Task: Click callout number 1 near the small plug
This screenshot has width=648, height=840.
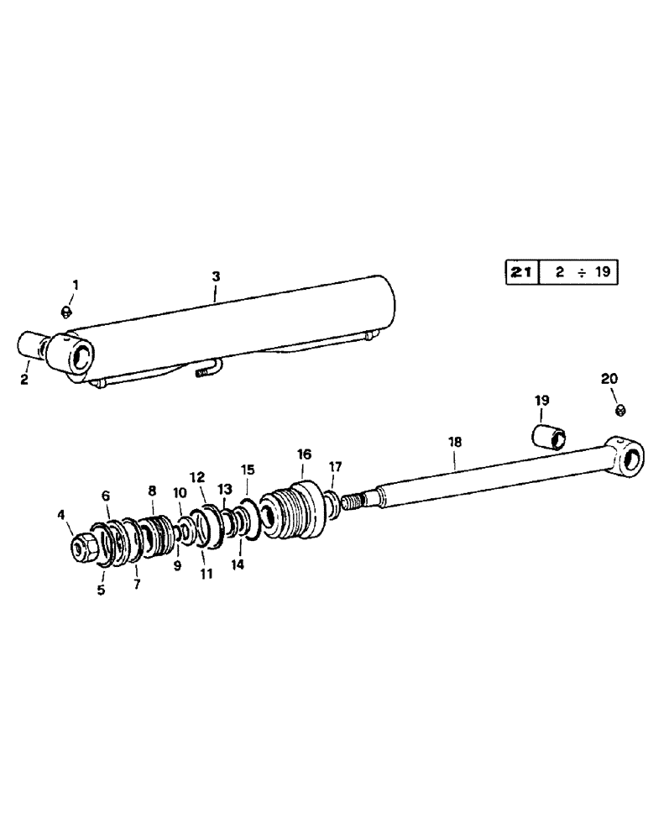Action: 75,286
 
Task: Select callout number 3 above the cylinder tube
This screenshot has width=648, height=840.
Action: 216,275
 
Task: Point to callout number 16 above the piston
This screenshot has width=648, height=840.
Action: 304,454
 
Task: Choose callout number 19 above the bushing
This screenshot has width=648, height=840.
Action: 541,402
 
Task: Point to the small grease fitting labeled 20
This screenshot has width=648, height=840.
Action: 619,410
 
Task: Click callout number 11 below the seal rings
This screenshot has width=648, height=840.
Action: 205,574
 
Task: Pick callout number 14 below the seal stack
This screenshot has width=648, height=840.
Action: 238,565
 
